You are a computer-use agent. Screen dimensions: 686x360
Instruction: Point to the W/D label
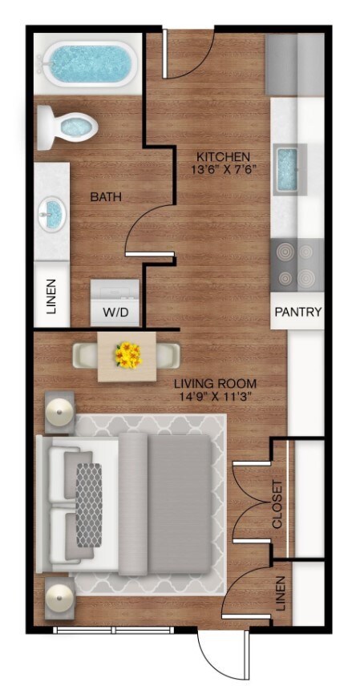pyautogui.click(x=113, y=311)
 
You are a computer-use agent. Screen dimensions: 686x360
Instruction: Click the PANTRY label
pyautogui.click(x=298, y=313)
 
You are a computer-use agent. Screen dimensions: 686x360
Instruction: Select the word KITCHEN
pyautogui.click(x=224, y=155)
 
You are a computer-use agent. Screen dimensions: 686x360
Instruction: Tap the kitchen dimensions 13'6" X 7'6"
pyautogui.click(x=224, y=169)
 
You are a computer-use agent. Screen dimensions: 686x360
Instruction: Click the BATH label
pyautogui.click(x=106, y=196)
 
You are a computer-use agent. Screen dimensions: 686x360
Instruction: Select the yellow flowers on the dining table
pyautogui.click(x=127, y=354)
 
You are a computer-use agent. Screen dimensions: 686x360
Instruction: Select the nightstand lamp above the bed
pyautogui.click(x=59, y=413)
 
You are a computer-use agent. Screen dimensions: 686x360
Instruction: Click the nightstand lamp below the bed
pyautogui.click(x=59, y=598)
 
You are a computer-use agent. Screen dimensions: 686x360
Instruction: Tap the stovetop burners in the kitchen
pyautogui.click(x=296, y=266)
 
